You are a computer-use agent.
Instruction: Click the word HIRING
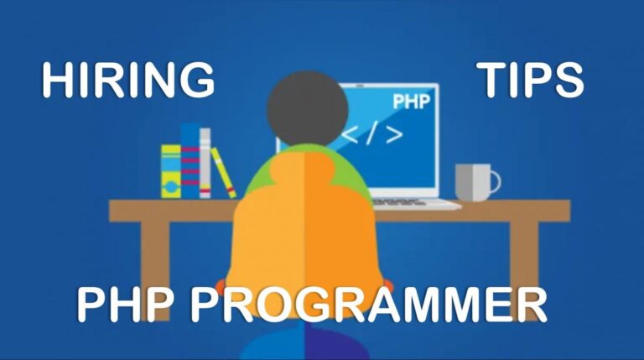click(x=128, y=81)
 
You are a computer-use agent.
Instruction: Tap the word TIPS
click(x=531, y=81)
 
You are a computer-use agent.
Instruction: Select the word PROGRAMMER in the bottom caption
click(x=369, y=304)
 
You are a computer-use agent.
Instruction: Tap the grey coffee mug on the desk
click(x=472, y=182)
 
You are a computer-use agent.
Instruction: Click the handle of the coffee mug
click(x=492, y=180)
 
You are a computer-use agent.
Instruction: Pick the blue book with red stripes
click(x=190, y=161)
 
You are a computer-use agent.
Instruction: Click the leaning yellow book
click(x=224, y=173)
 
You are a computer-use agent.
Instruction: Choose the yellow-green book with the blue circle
click(x=171, y=171)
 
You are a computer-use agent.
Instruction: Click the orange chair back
click(x=305, y=235)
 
